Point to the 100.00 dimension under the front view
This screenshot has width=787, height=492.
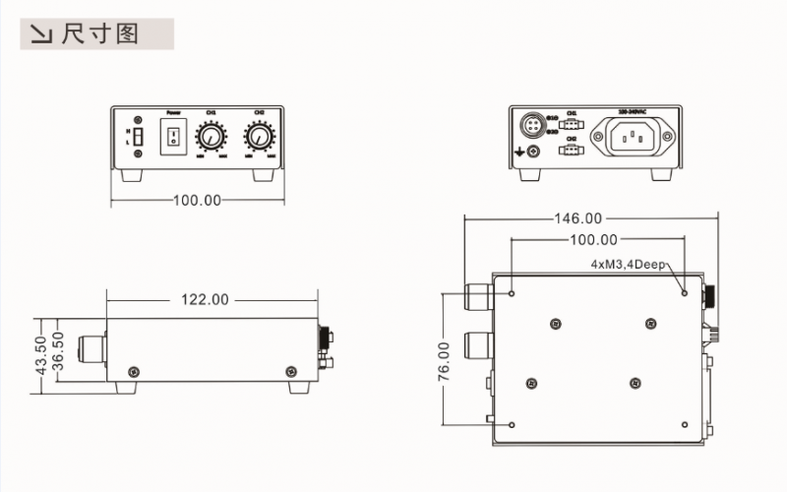click(197, 200)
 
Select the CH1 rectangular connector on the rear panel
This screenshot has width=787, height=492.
click(572, 125)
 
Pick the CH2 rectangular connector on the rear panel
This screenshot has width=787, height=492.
click(572, 151)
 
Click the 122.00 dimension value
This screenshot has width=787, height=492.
click(205, 299)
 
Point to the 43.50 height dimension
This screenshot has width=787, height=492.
click(40, 355)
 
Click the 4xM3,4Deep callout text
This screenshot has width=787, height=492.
click(630, 265)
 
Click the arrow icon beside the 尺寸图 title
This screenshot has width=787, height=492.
click(41, 35)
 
